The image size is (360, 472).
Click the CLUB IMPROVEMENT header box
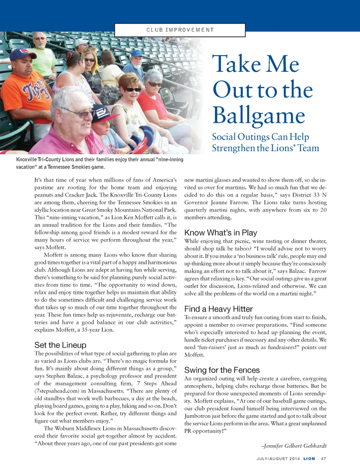(x=180, y=30)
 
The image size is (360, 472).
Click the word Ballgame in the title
(x=259, y=115)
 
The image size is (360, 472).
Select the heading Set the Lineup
(x=60, y=345)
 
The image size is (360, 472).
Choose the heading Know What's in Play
(x=220, y=233)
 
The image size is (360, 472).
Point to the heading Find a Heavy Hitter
(x=218, y=309)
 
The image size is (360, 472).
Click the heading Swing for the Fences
(x=222, y=370)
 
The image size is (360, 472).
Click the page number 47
(x=324, y=459)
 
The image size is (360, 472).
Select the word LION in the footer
(x=309, y=459)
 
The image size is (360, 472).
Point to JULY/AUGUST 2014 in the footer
(x=278, y=459)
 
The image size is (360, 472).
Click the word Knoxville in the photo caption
(x=27, y=160)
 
